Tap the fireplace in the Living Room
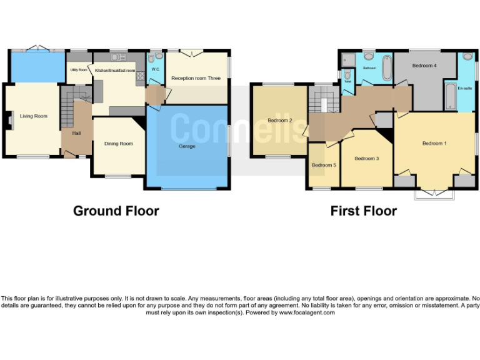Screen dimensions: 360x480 (9, 119)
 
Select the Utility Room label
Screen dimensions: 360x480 (78, 70)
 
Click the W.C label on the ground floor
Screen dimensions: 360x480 (155, 69)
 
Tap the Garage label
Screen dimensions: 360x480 (187, 146)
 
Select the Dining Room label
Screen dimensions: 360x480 (118, 144)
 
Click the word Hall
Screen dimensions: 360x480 (76, 133)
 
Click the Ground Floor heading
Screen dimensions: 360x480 (116, 211)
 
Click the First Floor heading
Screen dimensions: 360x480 (363, 211)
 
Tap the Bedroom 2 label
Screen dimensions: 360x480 (280, 120)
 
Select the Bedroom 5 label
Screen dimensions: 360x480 (324, 165)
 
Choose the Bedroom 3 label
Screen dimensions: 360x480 (367, 159)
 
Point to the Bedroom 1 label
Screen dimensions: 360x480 (434, 144)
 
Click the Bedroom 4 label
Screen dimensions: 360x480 (424, 66)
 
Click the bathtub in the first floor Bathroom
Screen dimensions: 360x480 (386, 67)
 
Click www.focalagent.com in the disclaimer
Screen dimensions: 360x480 (307, 312)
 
